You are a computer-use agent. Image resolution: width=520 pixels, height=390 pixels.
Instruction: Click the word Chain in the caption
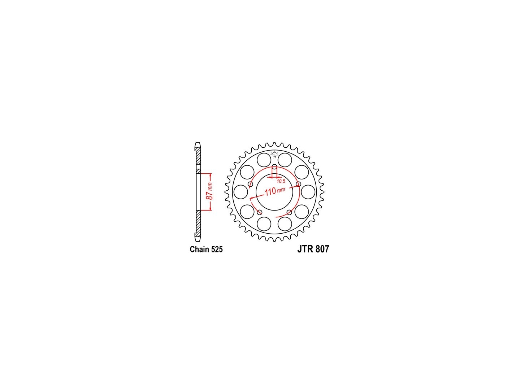(x=199, y=249)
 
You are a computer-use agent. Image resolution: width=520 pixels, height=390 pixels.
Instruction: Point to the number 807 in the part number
(x=322, y=249)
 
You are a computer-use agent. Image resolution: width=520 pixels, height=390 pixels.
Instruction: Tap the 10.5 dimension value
(x=281, y=181)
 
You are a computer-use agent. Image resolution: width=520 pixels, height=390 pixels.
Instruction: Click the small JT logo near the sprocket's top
(x=274, y=154)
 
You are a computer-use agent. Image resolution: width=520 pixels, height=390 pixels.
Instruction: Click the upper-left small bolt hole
(x=250, y=184)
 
